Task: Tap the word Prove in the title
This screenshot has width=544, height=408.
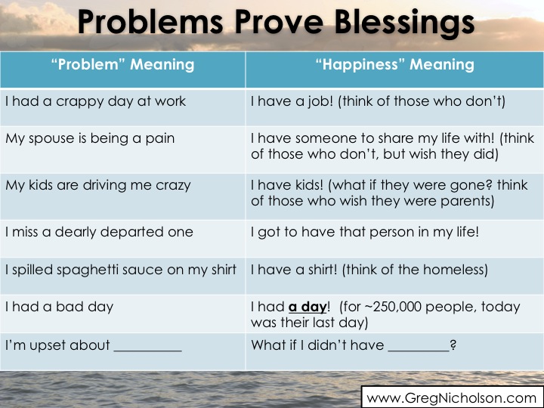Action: pos(279,21)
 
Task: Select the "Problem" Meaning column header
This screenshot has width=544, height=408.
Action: pos(123,64)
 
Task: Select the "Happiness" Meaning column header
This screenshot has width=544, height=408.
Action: pos(395,64)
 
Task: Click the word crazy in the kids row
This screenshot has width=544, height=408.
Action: pos(173,185)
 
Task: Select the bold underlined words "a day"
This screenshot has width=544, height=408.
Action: pos(308,307)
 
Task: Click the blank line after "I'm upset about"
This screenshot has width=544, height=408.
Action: pos(148,351)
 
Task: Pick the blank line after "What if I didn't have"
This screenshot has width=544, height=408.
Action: pos(419,351)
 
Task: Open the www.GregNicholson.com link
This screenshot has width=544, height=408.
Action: pos(452,398)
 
